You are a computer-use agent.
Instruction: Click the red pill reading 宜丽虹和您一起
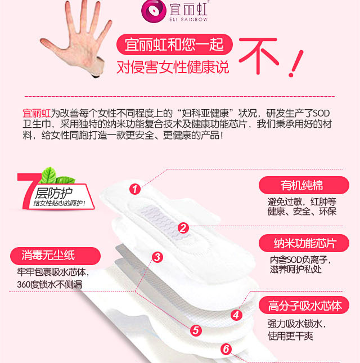pos(174,44)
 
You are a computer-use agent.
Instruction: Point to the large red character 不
pos(258,56)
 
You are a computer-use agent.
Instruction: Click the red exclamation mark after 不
pos(296,64)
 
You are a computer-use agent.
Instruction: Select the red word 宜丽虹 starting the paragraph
pos(37,114)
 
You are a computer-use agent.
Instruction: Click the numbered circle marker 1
pos(135,189)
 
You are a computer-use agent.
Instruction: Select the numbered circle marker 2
pos(183,228)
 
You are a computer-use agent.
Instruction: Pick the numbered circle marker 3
pos(157,257)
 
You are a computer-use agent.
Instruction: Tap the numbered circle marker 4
pos(236,315)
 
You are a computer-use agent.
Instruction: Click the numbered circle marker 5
pos(196,330)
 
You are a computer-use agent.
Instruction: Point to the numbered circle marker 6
pos(226,349)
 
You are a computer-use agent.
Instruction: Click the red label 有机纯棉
pos(304,185)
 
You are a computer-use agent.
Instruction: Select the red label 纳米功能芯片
pos(304,243)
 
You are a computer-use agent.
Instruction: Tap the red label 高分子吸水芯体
pos(304,306)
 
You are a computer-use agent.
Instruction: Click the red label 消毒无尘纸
pos(55,256)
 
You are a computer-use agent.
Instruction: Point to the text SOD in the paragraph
pos(321,114)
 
